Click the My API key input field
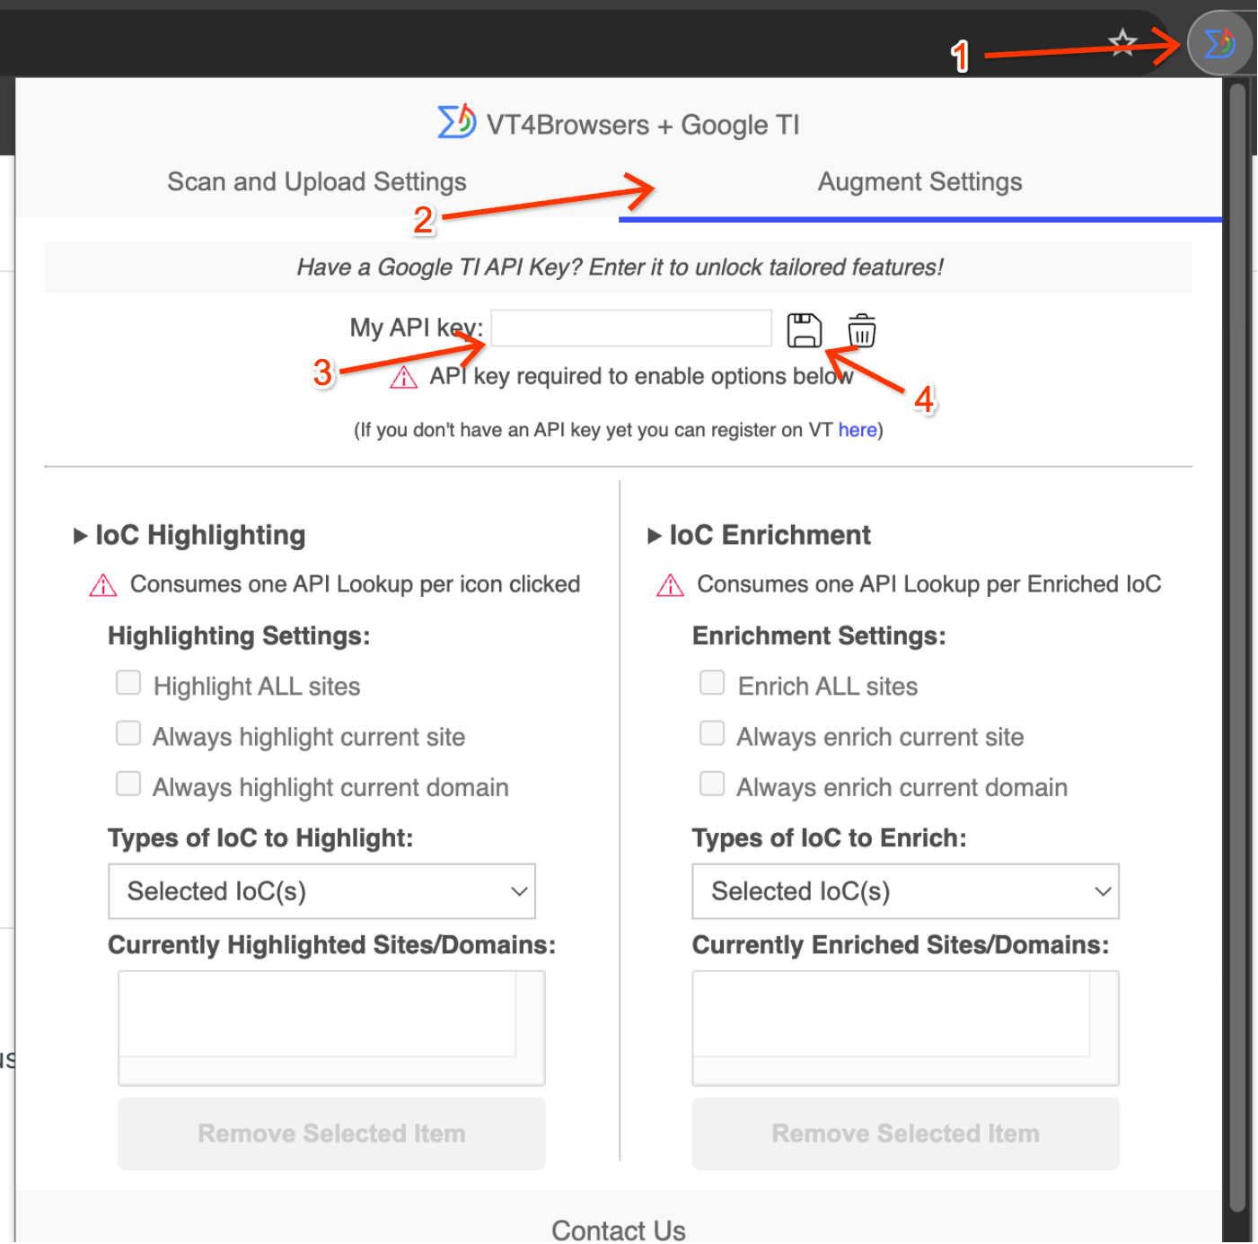[x=630, y=328]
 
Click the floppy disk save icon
[x=804, y=330]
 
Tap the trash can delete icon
[x=861, y=330]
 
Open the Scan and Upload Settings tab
[x=317, y=181]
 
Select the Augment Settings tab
[x=919, y=181]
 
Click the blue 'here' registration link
[x=858, y=429]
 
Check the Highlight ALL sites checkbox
[x=128, y=682]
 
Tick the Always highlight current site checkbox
[x=128, y=732]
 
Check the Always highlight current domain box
[x=128, y=784]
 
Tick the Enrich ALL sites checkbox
[x=711, y=682]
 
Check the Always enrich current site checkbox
[x=711, y=732]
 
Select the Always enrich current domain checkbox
[x=711, y=784]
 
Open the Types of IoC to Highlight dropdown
[x=321, y=891]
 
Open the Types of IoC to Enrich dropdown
[x=905, y=891]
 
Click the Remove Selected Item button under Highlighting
[x=331, y=1133]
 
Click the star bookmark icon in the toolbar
[x=1122, y=42]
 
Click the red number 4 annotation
[x=924, y=399]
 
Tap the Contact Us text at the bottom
[x=619, y=1230]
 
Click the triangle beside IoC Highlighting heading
[x=80, y=536]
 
